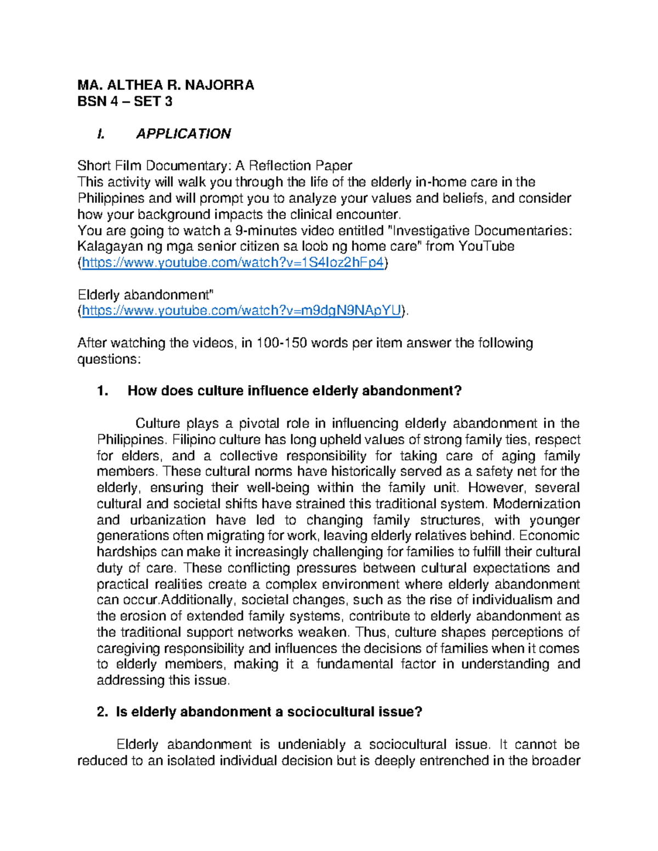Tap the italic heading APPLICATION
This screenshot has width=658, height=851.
click(x=183, y=134)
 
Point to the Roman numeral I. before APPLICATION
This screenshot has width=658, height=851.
click(x=100, y=134)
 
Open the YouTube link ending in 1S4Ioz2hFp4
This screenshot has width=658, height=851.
click(x=232, y=263)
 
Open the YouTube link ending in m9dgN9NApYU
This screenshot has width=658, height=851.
click(x=241, y=311)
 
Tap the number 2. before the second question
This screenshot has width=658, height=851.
click(x=102, y=712)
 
